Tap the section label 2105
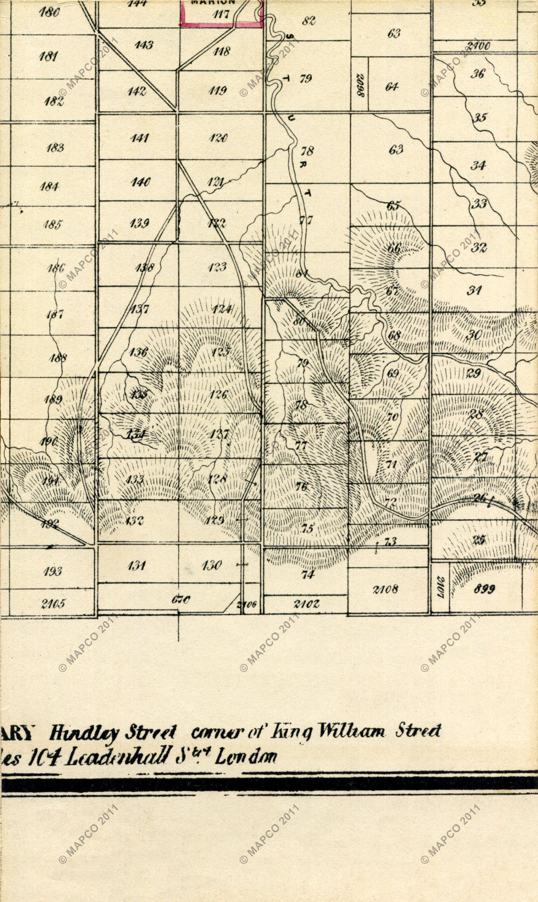point(53,604)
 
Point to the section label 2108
point(385,589)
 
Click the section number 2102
point(307,604)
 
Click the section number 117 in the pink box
point(221,15)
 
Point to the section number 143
point(144,45)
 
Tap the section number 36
point(477,74)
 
